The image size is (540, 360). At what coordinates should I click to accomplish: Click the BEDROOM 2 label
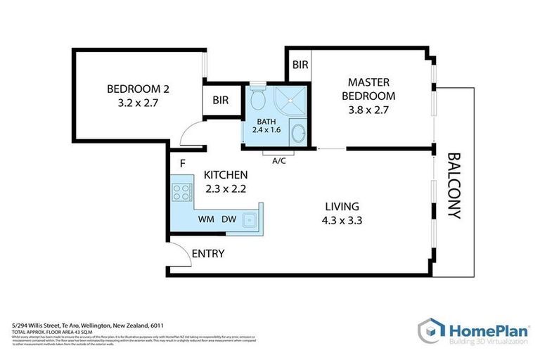coord(138,89)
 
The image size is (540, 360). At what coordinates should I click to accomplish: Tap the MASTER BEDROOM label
coord(368,89)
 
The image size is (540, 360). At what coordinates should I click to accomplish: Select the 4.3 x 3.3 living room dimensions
coord(342,220)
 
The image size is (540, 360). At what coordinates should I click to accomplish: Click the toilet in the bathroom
coord(258,100)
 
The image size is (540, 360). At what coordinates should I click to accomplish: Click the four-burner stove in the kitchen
coord(182,193)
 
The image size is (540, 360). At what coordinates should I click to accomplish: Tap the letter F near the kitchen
coord(182,165)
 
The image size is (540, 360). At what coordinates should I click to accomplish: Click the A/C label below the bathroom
coord(279,160)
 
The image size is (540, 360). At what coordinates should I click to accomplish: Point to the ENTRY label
coord(208,253)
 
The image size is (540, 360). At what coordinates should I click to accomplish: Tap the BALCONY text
coord(454,186)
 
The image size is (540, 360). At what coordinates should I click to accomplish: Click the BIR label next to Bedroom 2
coord(221,101)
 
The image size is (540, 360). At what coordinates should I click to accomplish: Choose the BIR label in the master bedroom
coord(300,65)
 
